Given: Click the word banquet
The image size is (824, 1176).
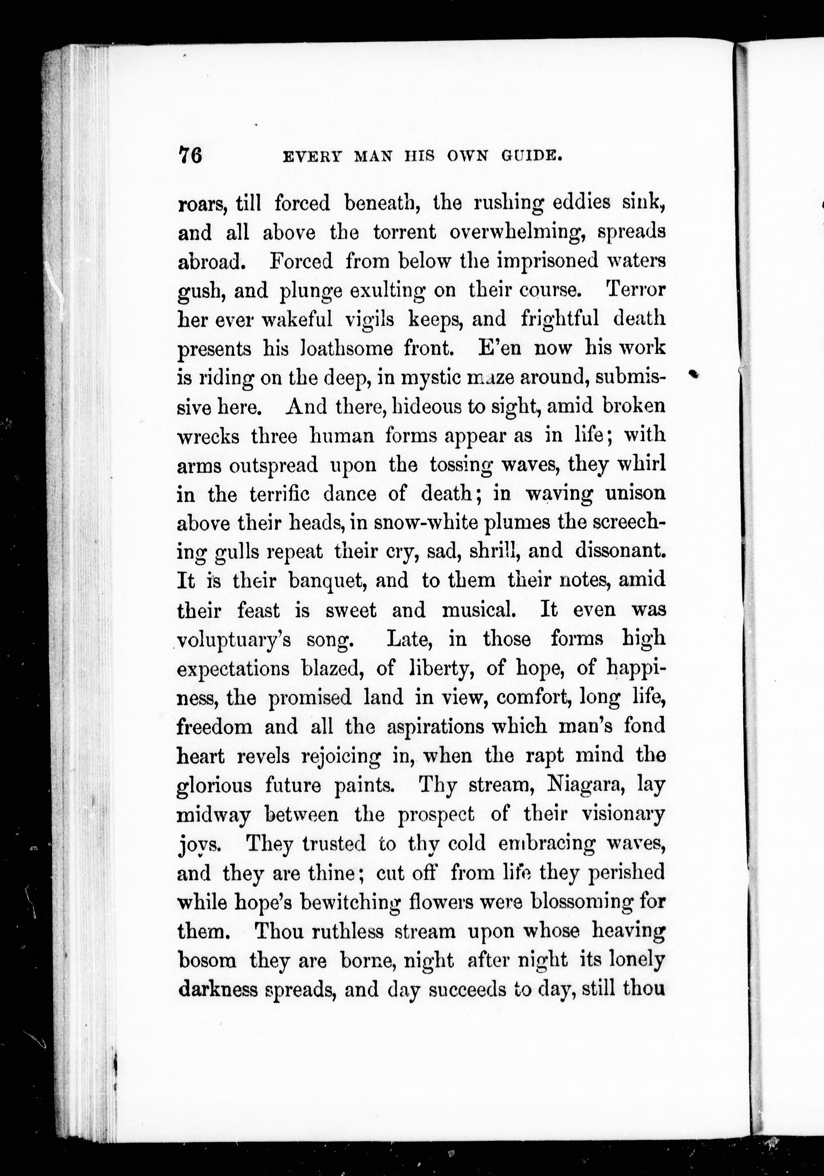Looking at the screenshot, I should pyautogui.click(x=348, y=581).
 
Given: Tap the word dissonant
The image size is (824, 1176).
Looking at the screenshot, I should pyautogui.click(x=620, y=551).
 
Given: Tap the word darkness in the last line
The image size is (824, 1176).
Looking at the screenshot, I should pyautogui.click(x=217, y=989).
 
